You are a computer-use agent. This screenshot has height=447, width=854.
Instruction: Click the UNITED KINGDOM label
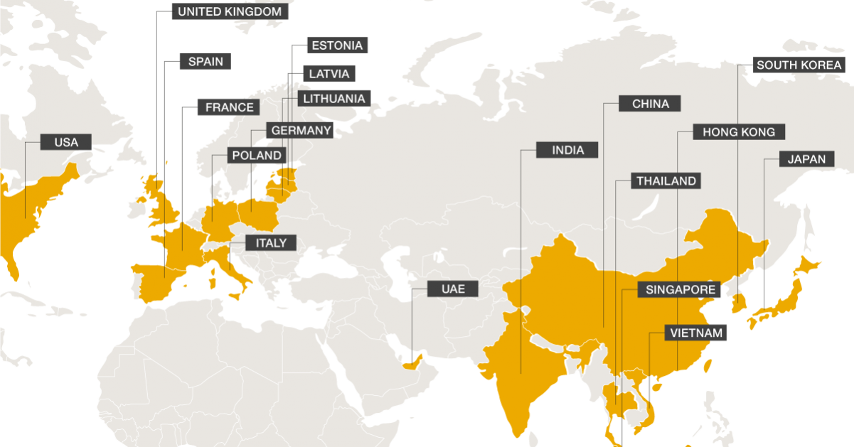coord(230,11)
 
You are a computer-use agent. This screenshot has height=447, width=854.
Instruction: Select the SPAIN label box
coord(206,62)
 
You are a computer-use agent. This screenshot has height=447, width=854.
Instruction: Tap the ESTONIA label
coord(337,45)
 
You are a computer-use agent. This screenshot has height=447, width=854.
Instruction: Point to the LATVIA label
coord(329,73)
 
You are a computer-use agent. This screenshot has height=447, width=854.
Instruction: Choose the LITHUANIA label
coord(333,98)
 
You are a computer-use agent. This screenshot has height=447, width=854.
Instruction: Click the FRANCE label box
coord(229,107)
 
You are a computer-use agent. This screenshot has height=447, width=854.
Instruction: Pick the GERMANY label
coord(301,131)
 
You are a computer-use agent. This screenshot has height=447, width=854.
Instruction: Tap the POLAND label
coord(257,155)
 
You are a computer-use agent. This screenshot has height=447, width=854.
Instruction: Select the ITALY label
coord(270,243)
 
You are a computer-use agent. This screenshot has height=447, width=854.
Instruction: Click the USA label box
coord(66,142)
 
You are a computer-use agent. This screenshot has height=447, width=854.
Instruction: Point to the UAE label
coord(453,289)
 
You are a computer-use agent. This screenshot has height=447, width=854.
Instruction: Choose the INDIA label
coord(568,150)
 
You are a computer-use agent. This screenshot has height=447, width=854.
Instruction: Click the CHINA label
coord(650,104)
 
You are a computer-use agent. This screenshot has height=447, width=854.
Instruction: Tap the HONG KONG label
coord(738,132)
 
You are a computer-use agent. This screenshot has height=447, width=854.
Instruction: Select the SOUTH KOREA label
coord(799,65)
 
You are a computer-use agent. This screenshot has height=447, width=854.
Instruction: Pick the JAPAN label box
coord(806,159)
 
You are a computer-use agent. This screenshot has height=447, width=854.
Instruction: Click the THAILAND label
coord(666,181)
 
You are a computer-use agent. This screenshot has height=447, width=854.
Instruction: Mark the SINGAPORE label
coord(680,290)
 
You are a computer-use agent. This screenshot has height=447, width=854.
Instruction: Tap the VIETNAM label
coord(696,333)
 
